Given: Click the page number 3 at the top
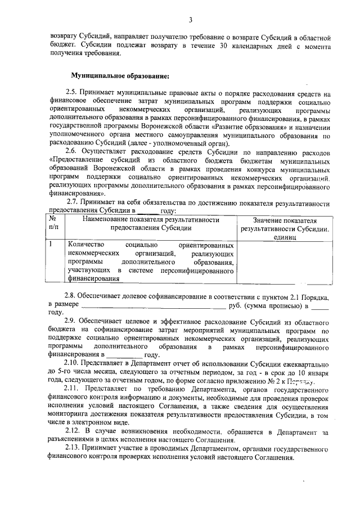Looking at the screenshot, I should [191, 21].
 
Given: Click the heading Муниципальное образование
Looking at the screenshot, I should [119, 75].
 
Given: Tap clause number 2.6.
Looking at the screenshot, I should [72, 152].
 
